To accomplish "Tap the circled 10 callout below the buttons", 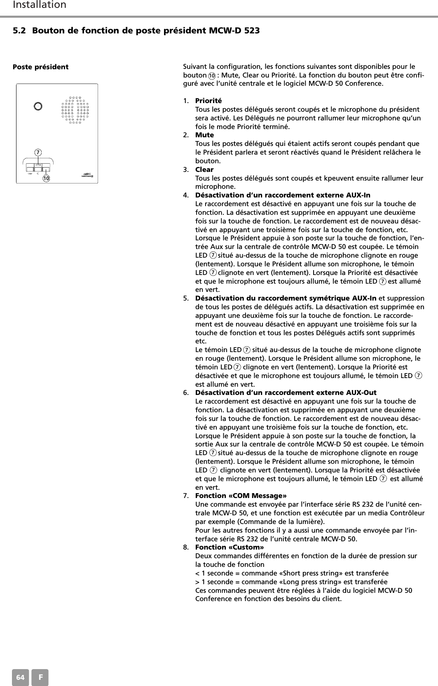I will (45, 178).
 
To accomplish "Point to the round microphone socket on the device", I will (38, 106).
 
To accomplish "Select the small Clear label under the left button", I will (30, 174).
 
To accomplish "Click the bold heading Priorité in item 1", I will (208, 101).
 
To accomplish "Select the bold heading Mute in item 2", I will (204, 135).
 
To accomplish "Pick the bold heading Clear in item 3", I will (204, 169).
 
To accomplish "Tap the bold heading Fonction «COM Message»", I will (241, 496).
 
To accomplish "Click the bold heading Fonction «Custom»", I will (230, 547).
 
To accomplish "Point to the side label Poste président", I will (41, 67).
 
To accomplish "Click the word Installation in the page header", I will (40, 5).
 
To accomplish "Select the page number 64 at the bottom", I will (21, 677).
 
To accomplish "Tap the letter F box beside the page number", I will (40, 677).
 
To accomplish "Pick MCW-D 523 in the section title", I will (236, 31).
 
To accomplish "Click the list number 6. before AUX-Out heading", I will (186, 392).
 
